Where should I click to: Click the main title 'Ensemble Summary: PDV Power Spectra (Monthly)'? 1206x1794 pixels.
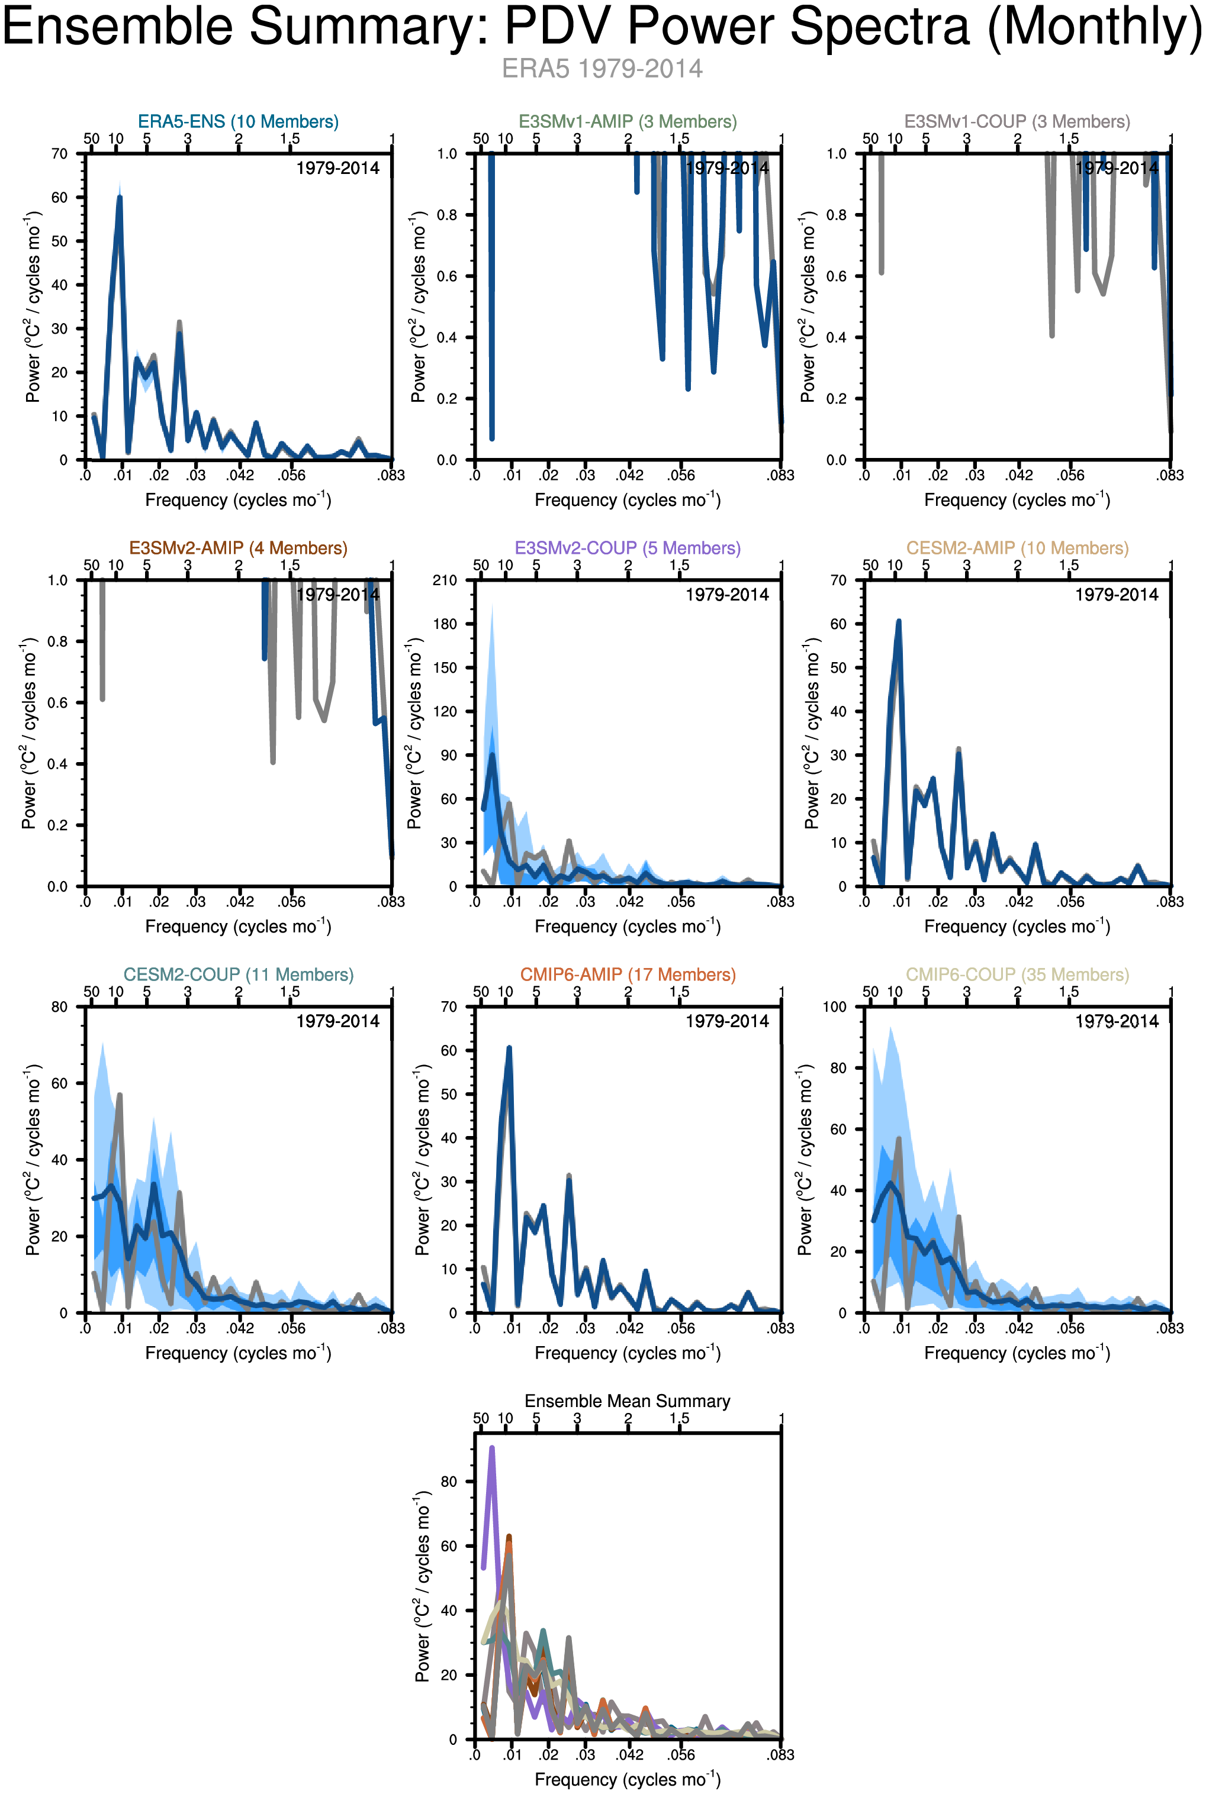602,27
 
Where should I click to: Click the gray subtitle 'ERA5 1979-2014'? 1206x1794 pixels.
602,69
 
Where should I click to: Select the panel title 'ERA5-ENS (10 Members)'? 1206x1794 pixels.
239,121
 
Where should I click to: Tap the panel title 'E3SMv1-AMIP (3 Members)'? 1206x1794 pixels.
628,121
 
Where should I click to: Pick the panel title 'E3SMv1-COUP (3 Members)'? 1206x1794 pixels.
1017,121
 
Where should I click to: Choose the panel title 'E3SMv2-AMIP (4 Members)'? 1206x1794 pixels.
239,548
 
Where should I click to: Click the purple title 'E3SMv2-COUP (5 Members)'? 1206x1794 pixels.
628,548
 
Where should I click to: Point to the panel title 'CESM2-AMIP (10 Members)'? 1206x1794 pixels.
1017,548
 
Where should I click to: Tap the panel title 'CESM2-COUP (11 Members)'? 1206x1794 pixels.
239,975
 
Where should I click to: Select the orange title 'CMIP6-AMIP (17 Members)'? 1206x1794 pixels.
628,975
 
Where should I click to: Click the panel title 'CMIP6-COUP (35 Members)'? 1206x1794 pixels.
1017,975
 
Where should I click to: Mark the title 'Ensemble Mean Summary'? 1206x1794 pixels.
628,1401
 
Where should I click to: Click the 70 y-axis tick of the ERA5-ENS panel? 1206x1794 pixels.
59,154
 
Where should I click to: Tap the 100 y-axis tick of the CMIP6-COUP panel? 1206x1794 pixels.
835,1007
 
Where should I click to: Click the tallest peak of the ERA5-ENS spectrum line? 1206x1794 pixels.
119,198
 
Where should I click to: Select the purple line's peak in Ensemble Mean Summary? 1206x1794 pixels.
491,1448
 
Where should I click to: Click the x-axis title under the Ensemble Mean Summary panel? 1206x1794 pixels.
628,1779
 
